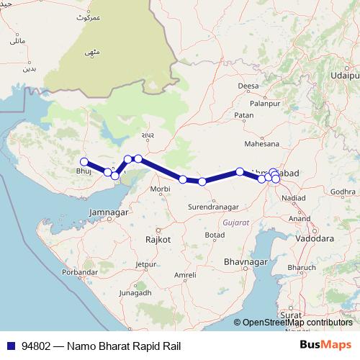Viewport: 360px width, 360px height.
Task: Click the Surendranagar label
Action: (x=213, y=207)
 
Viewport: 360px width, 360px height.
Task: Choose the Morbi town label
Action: (x=159, y=190)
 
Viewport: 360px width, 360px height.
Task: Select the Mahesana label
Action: (x=263, y=144)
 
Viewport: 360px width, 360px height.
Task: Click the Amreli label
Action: (x=185, y=275)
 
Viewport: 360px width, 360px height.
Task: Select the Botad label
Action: (x=215, y=235)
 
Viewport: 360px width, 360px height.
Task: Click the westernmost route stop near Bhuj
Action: (x=84, y=162)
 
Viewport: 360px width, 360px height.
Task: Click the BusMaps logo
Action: (x=325, y=346)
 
